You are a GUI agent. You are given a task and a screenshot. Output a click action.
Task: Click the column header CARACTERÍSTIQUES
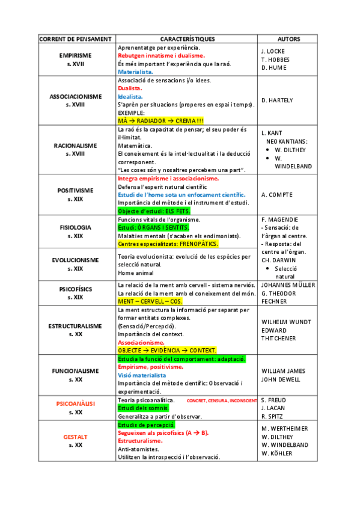(x=187, y=39)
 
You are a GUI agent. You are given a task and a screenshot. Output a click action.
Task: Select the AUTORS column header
(x=289, y=39)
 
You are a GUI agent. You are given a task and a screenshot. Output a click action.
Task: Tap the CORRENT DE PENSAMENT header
(x=75, y=39)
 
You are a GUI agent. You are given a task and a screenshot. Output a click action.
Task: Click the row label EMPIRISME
(x=75, y=55)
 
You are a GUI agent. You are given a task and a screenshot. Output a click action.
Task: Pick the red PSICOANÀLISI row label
(x=75, y=403)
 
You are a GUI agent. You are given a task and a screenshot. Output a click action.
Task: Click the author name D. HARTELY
(x=277, y=100)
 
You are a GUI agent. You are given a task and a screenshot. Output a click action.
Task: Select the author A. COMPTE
(x=276, y=194)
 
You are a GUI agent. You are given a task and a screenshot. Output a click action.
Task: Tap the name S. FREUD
(x=273, y=400)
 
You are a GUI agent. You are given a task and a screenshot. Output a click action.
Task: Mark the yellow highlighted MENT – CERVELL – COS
(x=150, y=301)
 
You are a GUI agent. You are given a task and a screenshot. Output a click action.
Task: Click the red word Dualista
(x=129, y=88)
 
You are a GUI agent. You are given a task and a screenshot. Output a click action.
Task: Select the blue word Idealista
(x=130, y=96)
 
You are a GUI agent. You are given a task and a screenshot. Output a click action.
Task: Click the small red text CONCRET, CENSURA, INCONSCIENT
(x=222, y=401)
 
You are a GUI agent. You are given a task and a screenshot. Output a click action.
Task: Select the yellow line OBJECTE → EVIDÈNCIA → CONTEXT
(x=167, y=350)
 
